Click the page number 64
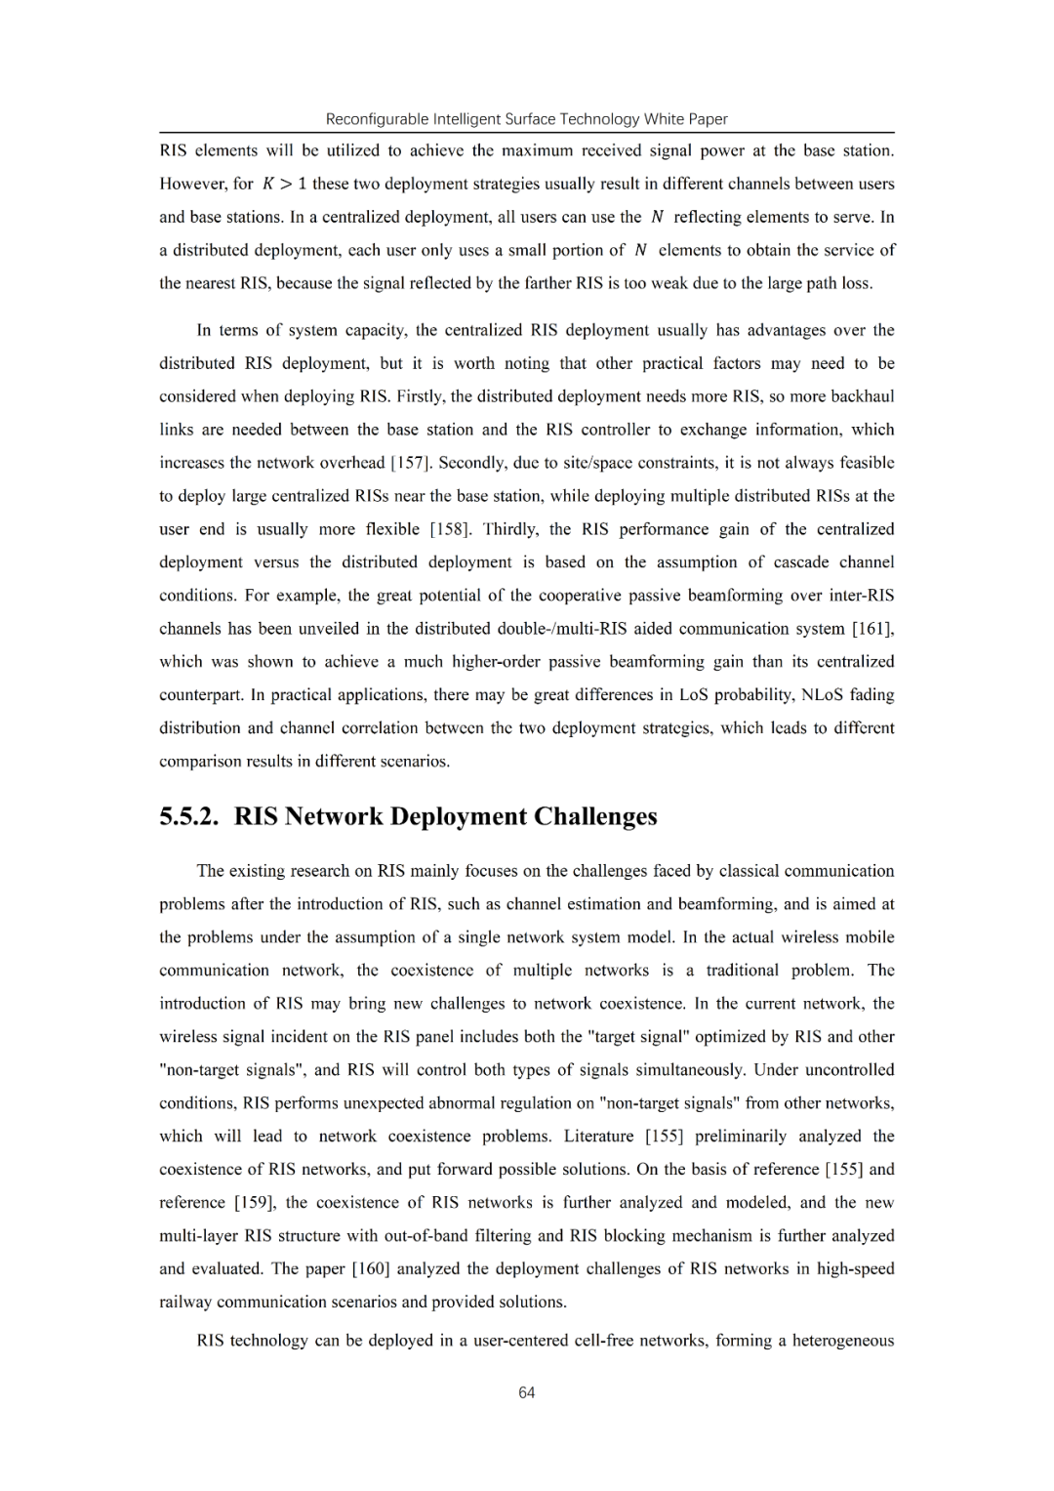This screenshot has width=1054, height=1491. [527, 1392]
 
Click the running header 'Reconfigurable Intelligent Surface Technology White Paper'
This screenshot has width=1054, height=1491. [527, 119]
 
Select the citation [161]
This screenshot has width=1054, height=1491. [872, 629]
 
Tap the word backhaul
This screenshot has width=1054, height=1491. [861, 396]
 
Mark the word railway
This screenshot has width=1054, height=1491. [185, 1302]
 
